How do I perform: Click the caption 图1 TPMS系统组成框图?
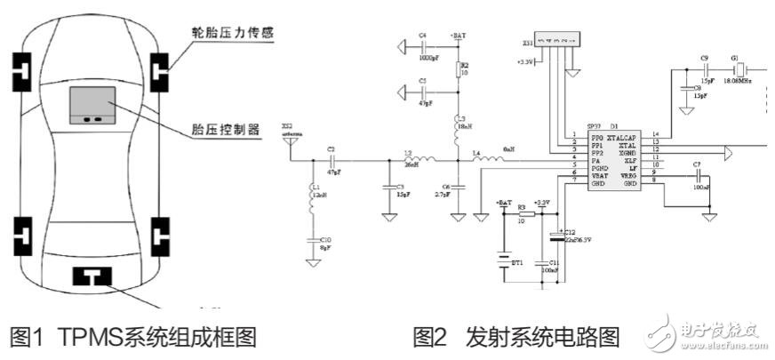point(132,338)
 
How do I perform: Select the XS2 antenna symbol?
point(291,145)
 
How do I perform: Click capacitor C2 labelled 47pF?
point(331,161)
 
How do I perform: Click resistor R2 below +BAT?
point(459,70)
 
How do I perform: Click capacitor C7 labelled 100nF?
point(699,176)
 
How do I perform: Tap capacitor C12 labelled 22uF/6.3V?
point(557,236)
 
